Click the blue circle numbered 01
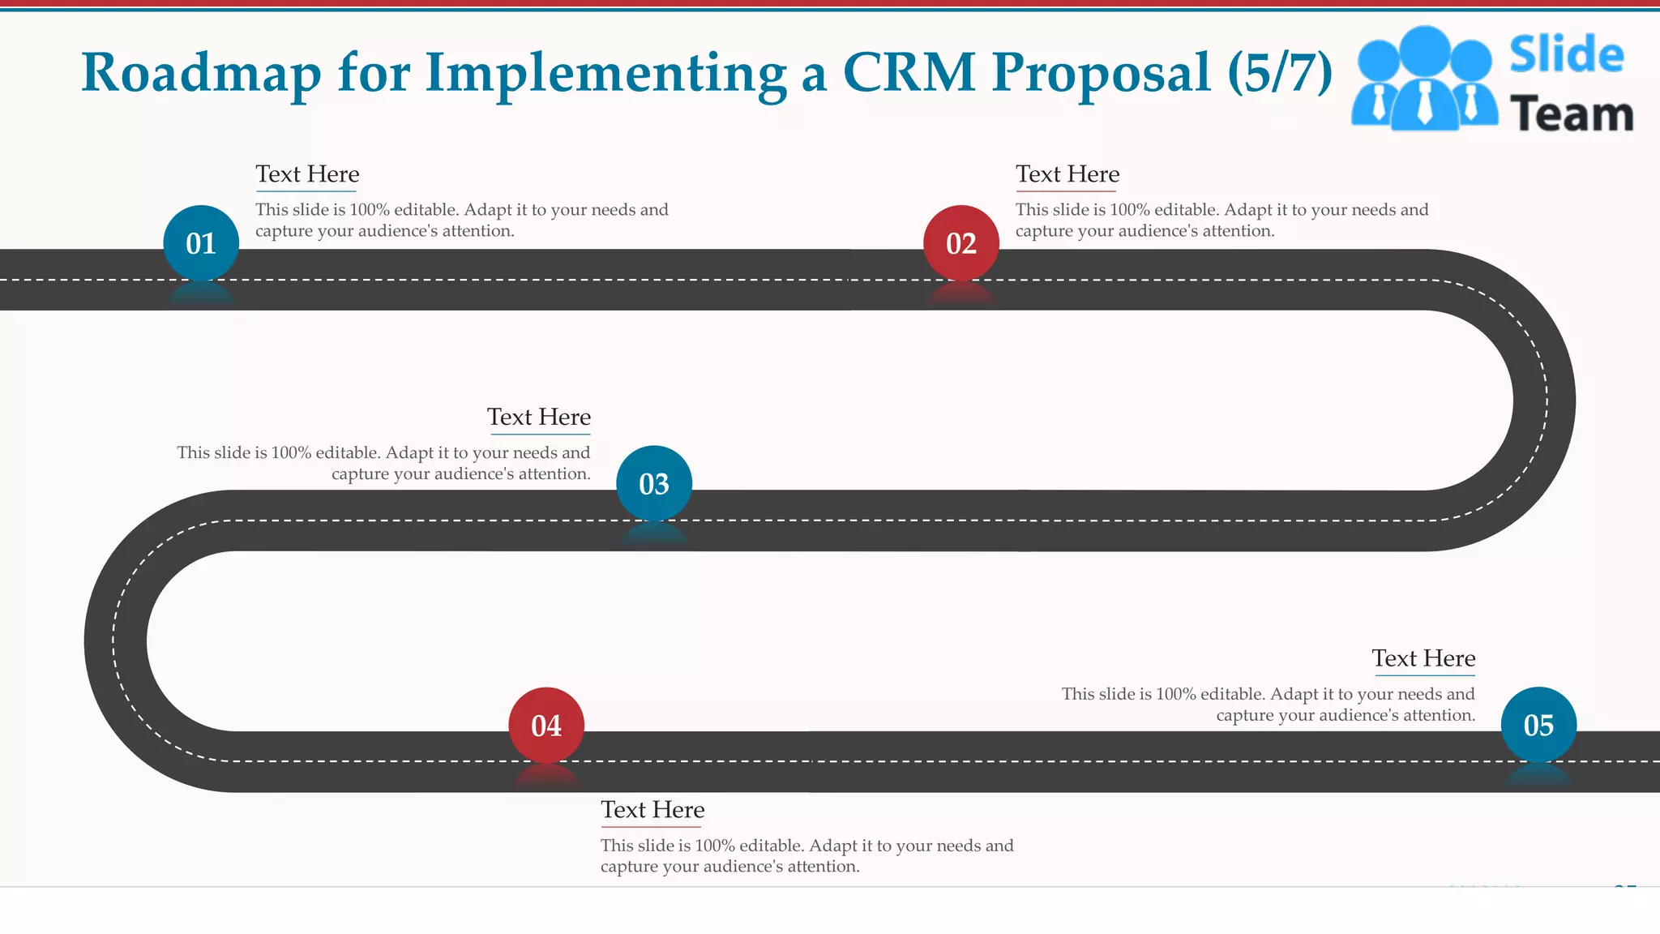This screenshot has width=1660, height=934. tap(201, 243)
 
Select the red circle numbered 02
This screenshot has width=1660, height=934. tap(961, 243)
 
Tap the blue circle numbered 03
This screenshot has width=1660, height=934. tap(654, 484)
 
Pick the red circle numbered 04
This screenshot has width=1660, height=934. tap(546, 725)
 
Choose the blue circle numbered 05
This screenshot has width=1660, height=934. tap(1538, 725)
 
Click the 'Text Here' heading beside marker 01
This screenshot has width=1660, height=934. tap(307, 174)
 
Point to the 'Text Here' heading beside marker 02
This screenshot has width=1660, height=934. tap(1067, 174)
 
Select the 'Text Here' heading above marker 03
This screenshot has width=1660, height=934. tap(539, 417)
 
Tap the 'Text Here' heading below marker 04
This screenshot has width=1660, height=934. tap(652, 809)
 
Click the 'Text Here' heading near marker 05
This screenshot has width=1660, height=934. tap(1423, 658)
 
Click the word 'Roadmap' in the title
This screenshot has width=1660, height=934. tap(201, 73)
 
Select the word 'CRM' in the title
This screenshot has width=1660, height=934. tap(909, 73)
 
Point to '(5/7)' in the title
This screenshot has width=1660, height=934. tap(1280, 73)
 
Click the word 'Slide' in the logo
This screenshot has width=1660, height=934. tap(1566, 55)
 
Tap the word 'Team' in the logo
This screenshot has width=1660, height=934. tap(1571, 114)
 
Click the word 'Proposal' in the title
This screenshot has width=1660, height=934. tap(1102, 73)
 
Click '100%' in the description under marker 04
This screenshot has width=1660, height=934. tap(714, 846)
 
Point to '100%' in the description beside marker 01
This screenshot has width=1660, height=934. tap(369, 210)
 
